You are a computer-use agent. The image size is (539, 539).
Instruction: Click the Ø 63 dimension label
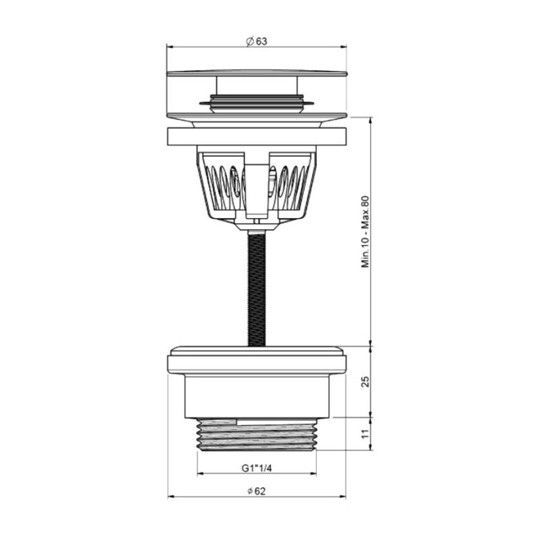click(x=257, y=41)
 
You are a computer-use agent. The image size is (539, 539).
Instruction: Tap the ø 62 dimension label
click(x=257, y=491)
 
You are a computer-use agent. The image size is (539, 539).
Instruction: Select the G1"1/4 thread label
click(x=257, y=468)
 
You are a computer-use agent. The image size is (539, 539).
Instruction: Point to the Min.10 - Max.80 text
click(x=365, y=232)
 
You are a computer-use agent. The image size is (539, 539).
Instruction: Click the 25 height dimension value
click(x=365, y=381)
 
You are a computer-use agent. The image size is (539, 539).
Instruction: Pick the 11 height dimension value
click(x=365, y=434)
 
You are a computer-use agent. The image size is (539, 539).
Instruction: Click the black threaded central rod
click(x=257, y=289)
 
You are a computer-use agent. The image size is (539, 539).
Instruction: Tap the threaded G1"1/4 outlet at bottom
click(x=257, y=435)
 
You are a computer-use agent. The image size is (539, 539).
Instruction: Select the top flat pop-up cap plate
click(x=257, y=73)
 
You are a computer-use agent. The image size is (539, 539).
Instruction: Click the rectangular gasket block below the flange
click(x=257, y=136)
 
